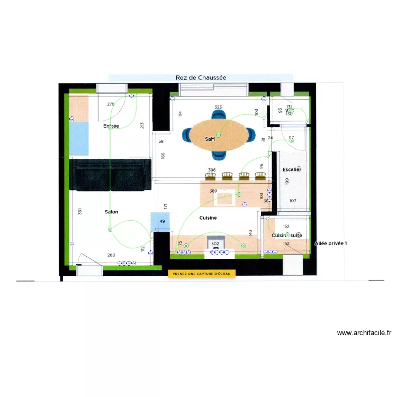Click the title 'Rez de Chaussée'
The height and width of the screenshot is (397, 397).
(x=201, y=78)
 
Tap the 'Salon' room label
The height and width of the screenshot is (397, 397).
(x=111, y=212)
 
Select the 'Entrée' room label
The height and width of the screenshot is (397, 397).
(x=111, y=126)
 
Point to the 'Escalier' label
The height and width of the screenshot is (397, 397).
(x=292, y=170)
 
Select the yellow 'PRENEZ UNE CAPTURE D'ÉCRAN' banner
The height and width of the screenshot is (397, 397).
(x=202, y=274)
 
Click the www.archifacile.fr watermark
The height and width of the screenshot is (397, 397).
(x=364, y=333)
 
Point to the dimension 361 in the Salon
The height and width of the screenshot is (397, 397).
(x=80, y=212)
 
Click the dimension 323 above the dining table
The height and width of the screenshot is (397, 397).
(x=218, y=107)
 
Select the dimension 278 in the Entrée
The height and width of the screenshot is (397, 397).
(x=111, y=104)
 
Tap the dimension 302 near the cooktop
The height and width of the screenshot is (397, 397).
(x=215, y=244)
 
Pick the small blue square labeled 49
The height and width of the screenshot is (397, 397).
(x=161, y=221)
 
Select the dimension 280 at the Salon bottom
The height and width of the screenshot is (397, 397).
(x=111, y=256)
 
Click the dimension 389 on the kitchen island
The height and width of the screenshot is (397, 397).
(x=213, y=191)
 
